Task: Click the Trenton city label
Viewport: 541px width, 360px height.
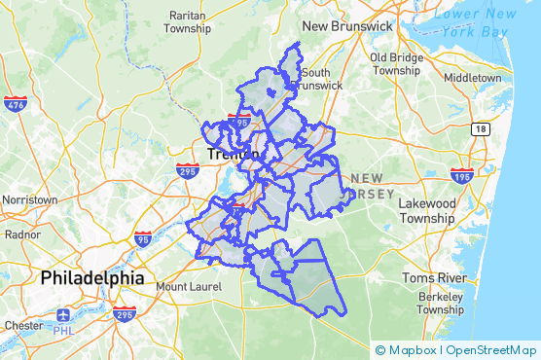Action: coord(234,155)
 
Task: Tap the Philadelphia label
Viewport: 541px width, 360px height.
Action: coord(91,278)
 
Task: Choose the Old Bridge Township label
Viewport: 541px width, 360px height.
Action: coord(395,63)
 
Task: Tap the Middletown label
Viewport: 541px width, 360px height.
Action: coord(472,77)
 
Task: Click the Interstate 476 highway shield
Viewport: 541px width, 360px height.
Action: coord(16,104)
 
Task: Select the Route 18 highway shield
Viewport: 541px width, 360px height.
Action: coord(480,128)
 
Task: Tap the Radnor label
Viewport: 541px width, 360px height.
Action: coord(21,234)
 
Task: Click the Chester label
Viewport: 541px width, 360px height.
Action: coord(22,324)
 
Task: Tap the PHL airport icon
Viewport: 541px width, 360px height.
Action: coord(63,316)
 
